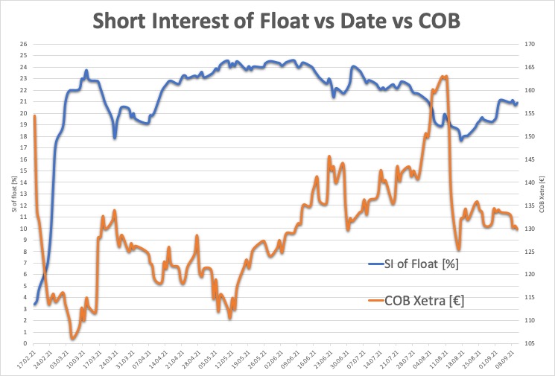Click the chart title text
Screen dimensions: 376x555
[x=276, y=22]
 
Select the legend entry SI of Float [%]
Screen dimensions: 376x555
[x=422, y=264]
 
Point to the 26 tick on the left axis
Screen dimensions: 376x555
[x=23, y=44]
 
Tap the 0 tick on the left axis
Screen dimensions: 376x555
[x=25, y=343]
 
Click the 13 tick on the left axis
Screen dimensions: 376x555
[x=23, y=194]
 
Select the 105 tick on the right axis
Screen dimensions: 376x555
[x=530, y=343]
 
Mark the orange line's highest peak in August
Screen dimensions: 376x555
[x=445, y=76]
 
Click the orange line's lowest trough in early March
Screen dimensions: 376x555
[x=73, y=339]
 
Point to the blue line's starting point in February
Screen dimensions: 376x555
[x=34, y=304]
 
